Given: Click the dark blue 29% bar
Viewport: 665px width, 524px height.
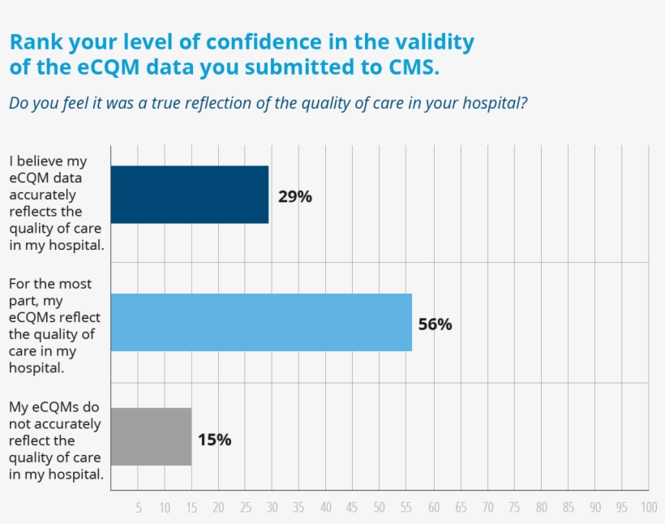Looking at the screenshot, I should pos(189,195).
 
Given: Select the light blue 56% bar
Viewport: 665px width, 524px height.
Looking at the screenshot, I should pos(261,322).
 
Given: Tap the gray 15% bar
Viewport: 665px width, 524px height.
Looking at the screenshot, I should pos(151,436).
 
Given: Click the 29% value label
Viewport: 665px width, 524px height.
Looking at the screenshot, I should pos(295,196).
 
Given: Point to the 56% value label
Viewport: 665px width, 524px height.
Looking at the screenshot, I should pos(435,324).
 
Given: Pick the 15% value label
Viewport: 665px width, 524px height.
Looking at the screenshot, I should pos(214,440).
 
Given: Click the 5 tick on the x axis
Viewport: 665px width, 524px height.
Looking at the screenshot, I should pos(139,508).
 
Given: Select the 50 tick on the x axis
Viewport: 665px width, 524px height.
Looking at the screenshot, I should pos(379,508).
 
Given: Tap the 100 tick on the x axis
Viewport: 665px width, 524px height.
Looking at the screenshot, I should pos(648,508).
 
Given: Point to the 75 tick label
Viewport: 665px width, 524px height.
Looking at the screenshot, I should pos(513,508).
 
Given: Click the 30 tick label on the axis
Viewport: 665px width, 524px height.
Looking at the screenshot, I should pos(272,508).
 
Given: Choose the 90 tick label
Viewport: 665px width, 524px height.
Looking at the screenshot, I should pos(594,508).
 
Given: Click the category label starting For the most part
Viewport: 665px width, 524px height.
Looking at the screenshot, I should pos(54,325).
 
